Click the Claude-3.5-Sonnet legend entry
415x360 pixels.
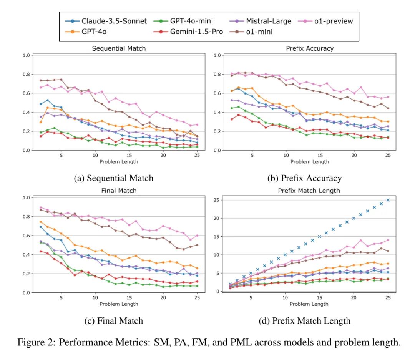pos(114,21)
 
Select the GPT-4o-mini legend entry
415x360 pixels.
pos(191,21)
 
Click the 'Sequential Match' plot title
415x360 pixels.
pos(119,48)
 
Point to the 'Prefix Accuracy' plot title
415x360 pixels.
pos(310,48)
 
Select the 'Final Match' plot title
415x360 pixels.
pos(119,191)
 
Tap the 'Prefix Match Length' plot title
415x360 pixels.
pos(310,191)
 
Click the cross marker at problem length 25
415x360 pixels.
pos(388,200)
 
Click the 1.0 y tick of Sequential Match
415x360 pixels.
pos(27,55)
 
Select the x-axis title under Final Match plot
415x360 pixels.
pos(119,304)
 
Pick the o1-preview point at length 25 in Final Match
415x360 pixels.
pos(197,236)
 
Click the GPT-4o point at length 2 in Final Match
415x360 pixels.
pos(41,222)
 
